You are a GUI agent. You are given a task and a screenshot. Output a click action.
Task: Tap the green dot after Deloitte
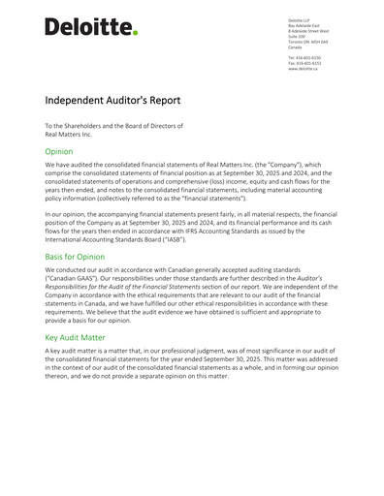(x=135, y=33)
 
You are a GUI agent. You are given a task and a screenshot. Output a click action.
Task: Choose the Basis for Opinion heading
(x=89, y=257)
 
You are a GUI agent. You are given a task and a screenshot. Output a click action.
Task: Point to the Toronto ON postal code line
(x=313, y=42)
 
